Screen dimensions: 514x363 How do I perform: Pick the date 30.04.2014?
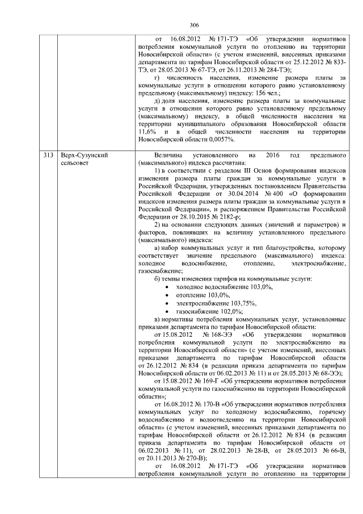click(x=211, y=193)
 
